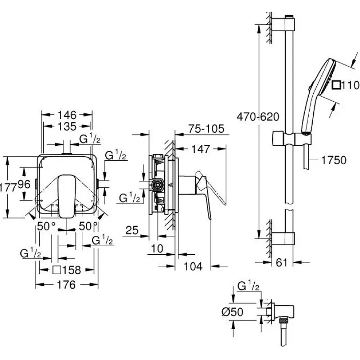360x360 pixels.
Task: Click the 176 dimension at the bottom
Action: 67,285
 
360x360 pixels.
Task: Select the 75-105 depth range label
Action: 207,129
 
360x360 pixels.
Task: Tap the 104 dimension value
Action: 193,266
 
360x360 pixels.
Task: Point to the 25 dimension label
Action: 132,231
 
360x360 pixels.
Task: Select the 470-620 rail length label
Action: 258,117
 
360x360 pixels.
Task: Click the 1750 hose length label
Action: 333,160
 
